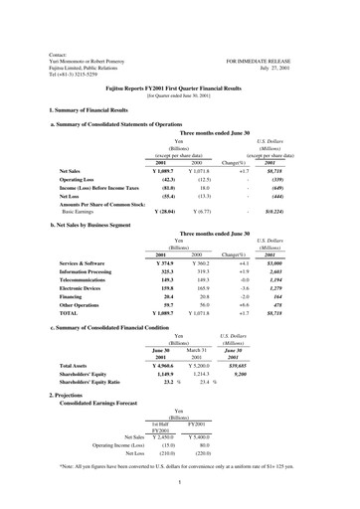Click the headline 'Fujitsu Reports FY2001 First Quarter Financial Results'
click(x=179, y=87)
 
